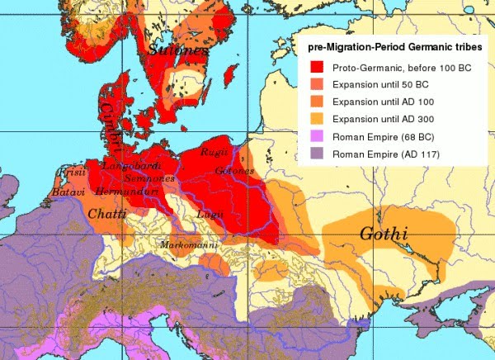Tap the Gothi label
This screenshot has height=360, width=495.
click(384, 234)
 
